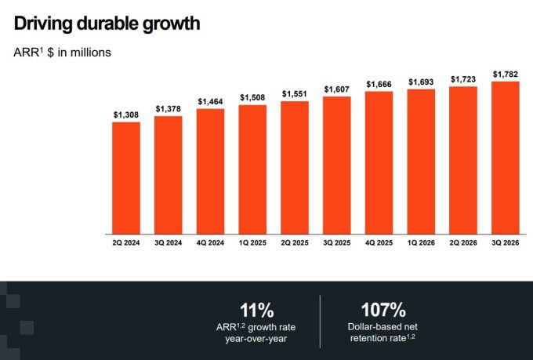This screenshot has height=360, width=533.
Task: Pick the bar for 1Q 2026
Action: tap(421, 162)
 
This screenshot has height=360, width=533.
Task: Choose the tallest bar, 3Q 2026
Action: tap(506, 158)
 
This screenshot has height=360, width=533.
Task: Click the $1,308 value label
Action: tap(125, 115)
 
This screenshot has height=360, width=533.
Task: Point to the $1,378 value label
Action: tap(168, 109)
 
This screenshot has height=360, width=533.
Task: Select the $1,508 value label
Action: tap(252, 98)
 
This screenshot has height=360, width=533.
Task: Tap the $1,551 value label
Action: tap(295, 94)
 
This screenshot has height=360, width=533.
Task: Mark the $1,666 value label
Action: tap(379, 84)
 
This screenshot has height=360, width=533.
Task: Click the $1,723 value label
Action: tap(463, 80)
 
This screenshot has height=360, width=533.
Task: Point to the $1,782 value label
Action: tap(506, 75)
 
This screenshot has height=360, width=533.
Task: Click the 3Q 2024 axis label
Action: tap(168, 244)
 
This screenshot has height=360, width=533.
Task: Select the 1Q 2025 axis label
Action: tap(252, 244)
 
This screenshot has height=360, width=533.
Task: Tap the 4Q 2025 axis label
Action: tap(379, 244)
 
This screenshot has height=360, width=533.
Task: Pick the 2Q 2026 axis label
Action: tap(463, 244)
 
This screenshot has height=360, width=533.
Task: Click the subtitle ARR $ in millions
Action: tap(62, 53)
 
